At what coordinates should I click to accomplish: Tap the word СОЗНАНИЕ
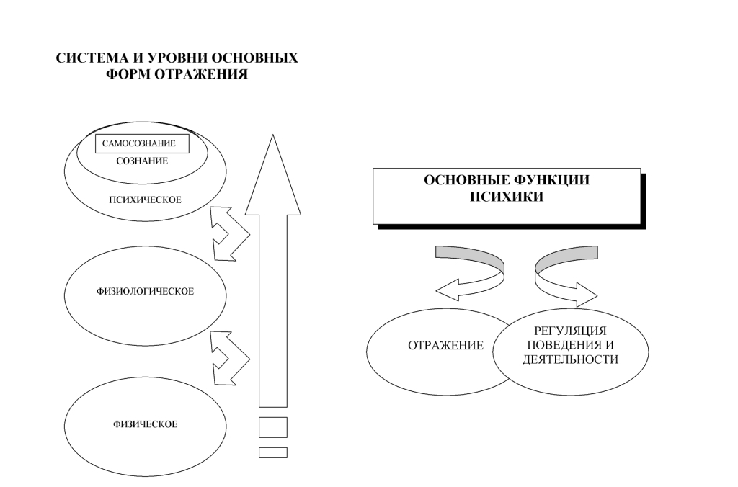142,161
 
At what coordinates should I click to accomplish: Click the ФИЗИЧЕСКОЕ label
145,424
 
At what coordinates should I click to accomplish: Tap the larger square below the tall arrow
272,426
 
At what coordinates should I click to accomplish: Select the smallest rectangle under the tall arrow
272,452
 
